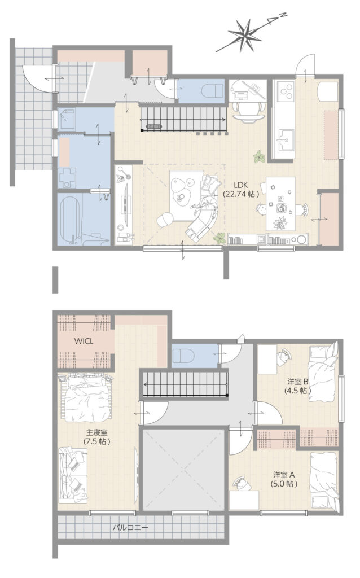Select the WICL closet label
84,341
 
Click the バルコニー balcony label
130,528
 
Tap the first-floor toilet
213,90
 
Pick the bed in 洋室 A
324,481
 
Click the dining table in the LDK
281,204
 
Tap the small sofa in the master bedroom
73,475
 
